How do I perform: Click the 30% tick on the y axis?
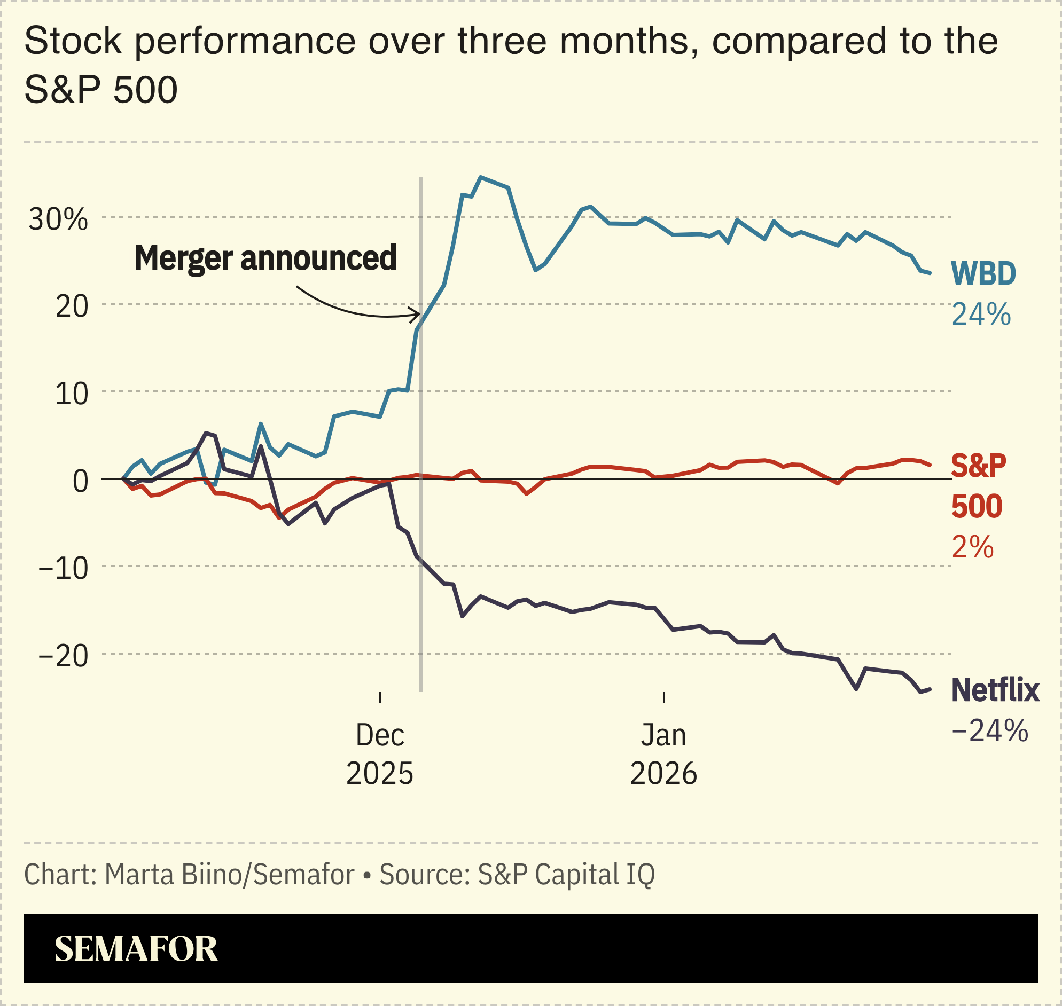tap(58, 219)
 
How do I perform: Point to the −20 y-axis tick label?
tap(63, 656)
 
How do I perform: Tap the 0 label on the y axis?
tap(80, 481)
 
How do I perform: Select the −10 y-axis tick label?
tap(63, 569)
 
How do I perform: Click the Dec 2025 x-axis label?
tap(379, 754)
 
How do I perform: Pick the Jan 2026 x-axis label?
tap(663, 754)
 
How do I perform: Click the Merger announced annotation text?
tap(265, 258)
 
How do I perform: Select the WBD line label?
tap(983, 273)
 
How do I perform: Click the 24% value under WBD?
tap(981, 314)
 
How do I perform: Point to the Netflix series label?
tap(995, 689)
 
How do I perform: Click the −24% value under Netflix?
tap(989, 730)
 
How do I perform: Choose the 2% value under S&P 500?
tap(972, 547)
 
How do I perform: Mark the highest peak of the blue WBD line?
tap(481, 177)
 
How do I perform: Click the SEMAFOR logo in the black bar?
tap(136, 949)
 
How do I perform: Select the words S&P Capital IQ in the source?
tap(566, 874)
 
